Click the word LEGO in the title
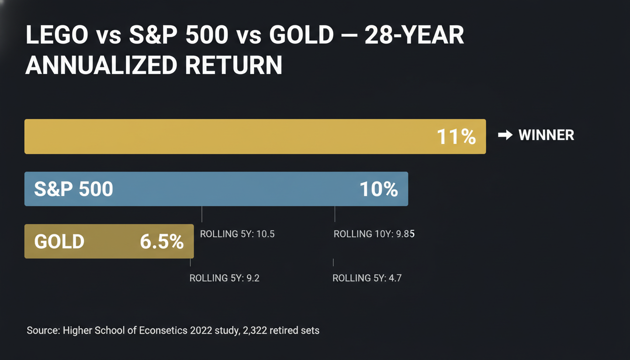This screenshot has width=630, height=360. [57, 35]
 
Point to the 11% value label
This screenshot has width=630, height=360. [456, 136]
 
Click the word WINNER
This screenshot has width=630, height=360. [546, 135]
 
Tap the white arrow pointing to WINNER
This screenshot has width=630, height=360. [505, 135]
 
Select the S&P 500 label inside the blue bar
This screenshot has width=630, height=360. [74, 189]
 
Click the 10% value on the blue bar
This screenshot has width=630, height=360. [378, 189]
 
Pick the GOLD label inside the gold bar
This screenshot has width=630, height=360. [59, 241]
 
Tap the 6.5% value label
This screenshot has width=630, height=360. [162, 241]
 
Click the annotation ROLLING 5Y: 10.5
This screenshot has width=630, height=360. [237, 234]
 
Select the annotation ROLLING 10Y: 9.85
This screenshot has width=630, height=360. [374, 234]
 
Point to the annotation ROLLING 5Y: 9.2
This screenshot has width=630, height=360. [224, 278]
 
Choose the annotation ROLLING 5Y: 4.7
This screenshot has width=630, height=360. [367, 278]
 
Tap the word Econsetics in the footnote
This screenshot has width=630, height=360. [164, 330]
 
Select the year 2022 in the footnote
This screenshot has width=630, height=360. [202, 330]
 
